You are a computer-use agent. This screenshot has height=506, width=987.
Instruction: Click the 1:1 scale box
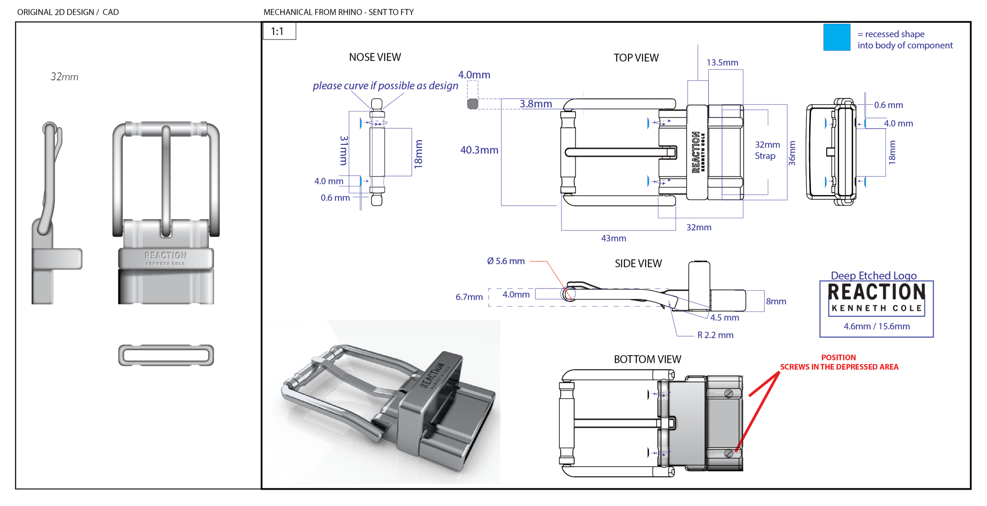pos(279,31)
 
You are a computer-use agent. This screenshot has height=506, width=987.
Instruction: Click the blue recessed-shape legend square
pos(836,37)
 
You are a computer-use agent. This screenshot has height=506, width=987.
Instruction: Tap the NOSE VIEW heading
pos(375,57)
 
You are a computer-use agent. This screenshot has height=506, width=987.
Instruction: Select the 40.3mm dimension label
pos(479,150)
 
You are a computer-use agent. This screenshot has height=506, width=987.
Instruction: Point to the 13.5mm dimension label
pos(722,62)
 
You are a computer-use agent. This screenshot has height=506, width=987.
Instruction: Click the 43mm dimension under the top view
pos(613,238)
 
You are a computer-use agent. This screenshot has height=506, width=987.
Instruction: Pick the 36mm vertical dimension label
pos(792,153)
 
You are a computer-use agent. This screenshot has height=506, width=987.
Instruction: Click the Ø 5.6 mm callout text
pos(505,261)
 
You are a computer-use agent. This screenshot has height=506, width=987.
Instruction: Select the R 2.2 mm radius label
pos(715,335)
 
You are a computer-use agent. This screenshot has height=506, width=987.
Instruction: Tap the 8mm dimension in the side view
pos(776,301)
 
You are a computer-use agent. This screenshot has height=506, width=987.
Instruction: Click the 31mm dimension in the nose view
pos(344,150)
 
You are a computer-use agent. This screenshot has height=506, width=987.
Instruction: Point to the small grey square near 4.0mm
pos(473,104)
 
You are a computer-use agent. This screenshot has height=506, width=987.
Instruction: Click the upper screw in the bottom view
pos(729,394)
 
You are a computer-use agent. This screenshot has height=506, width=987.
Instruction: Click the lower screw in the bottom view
pos(729,453)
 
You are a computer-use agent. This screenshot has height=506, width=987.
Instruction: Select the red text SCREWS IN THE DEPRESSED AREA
pos(839,367)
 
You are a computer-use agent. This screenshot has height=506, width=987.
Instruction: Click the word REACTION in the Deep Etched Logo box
pos(876,292)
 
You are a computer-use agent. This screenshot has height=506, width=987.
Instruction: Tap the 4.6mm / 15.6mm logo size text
pos(876,326)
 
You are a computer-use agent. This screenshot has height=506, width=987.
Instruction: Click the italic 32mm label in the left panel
pos(64,77)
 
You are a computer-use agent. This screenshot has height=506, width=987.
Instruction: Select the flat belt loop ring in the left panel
pos(166,355)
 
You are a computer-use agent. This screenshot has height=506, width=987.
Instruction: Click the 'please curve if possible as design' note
pos(385,86)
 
